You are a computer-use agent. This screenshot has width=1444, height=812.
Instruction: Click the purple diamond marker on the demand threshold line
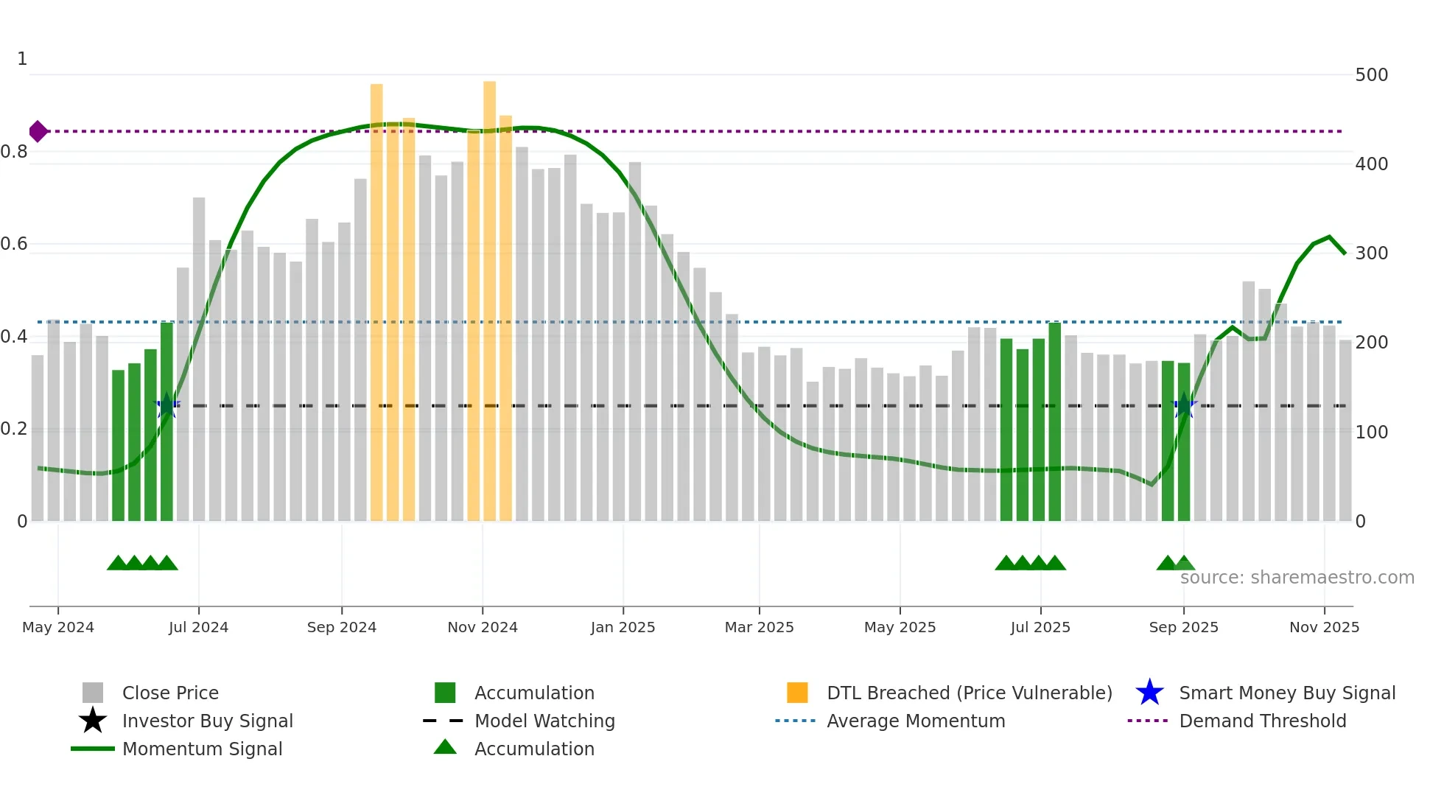[38, 132]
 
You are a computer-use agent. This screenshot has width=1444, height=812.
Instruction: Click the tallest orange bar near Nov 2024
[489, 295]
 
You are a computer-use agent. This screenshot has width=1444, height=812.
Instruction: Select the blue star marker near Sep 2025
[1184, 405]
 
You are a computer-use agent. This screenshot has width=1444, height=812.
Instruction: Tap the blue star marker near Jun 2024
[167, 405]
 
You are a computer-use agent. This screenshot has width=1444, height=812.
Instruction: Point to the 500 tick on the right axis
[1371, 75]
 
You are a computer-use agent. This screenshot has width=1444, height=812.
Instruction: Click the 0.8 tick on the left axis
[14, 152]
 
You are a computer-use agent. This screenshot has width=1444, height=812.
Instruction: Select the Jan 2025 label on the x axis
[623, 627]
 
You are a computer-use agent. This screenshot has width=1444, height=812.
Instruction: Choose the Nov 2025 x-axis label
[1324, 627]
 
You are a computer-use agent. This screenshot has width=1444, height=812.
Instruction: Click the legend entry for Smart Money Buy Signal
[1286, 693]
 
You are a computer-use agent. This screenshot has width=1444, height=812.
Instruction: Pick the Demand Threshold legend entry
[1262, 721]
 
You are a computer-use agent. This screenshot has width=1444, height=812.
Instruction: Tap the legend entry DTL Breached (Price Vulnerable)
[969, 693]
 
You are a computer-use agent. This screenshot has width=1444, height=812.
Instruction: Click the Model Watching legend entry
[544, 721]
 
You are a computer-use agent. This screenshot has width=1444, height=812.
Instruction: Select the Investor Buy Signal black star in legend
[93, 721]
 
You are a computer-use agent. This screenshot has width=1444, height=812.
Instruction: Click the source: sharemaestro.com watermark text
[1297, 578]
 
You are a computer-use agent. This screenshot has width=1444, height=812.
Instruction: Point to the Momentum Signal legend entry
[202, 749]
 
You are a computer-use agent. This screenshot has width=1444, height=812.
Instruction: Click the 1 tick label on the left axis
[22, 59]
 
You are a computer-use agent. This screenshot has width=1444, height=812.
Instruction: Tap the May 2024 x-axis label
[58, 627]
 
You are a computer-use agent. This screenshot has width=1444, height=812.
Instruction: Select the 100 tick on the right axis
[1371, 433]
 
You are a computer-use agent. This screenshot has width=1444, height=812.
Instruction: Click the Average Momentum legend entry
[915, 721]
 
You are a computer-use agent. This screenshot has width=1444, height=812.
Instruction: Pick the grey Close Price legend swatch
[93, 693]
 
